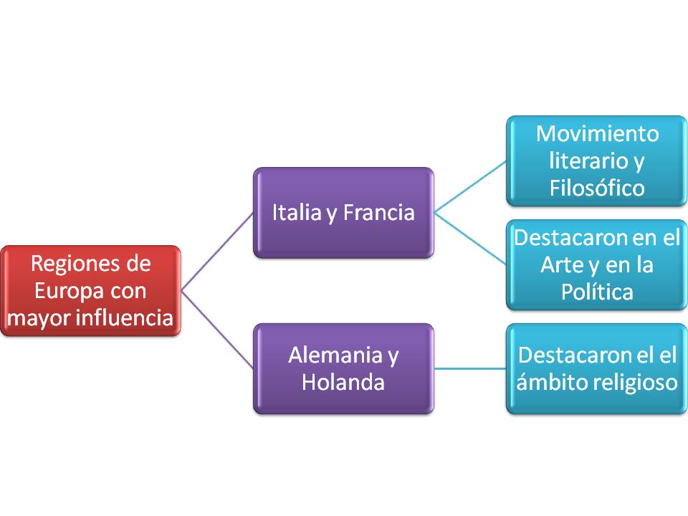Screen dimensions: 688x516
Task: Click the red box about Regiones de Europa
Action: point(90,291)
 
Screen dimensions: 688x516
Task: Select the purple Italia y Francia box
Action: point(343,213)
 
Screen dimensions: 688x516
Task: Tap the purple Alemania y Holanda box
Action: point(343,368)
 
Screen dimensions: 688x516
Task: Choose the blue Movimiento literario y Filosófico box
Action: point(596,161)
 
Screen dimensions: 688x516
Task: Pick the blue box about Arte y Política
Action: point(596,264)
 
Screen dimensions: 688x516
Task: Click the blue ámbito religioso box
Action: point(596,368)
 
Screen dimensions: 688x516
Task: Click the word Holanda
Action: point(343,382)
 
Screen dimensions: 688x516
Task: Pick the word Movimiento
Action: point(597,134)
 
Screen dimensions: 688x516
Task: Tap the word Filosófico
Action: point(597,187)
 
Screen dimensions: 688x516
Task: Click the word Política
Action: point(597,292)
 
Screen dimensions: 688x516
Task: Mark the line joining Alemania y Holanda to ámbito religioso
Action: point(470,368)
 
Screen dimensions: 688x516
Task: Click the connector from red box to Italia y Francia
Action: point(216,252)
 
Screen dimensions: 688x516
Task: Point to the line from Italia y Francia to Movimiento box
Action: point(470,186)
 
